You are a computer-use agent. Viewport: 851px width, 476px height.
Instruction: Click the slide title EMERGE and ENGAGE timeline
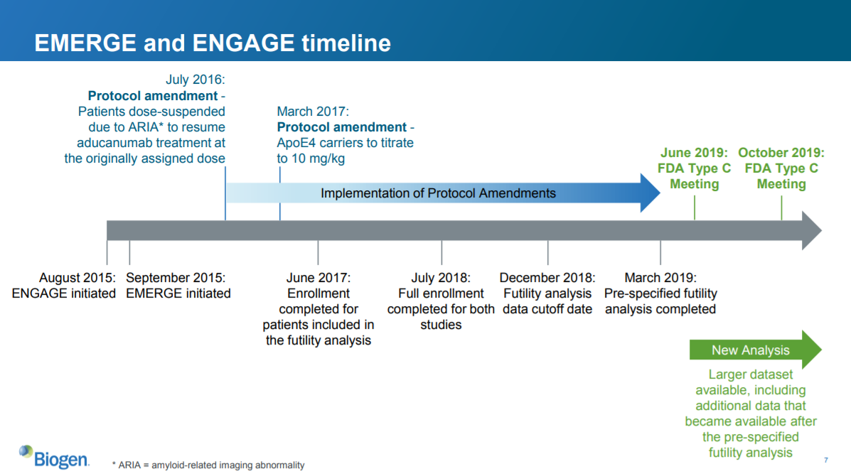[x=212, y=43]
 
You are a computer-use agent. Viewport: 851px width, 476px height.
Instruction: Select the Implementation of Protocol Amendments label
[x=438, y=193]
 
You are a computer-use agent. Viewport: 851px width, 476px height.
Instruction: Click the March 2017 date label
[x=313, y=112]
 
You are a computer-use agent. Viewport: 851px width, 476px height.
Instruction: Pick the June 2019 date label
[x=694, y=153]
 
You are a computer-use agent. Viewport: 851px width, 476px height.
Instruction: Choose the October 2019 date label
[x=781, y=153]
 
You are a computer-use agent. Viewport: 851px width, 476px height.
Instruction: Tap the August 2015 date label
[x=77, y=278]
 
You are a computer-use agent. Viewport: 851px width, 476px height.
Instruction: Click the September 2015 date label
[x=176, y=278]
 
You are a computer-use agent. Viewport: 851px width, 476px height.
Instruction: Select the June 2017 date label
[x=319, y=278]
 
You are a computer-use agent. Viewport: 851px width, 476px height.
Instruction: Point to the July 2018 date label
[x=441, y=278]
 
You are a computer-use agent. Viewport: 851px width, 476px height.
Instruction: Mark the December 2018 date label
[x=547, y=278]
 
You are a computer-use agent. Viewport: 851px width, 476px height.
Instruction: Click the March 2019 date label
[x=660, y=278]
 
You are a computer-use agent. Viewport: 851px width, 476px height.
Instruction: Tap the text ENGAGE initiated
[x=64, y=293]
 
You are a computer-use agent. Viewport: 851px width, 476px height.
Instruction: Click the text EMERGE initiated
[x=178, y=293]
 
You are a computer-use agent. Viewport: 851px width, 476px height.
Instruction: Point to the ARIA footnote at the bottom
[x=208, y=465]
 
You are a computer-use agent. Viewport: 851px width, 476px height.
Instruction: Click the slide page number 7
[x=826, y=460]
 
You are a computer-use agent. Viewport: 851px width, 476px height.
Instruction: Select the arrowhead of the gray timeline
[x=811, y=230]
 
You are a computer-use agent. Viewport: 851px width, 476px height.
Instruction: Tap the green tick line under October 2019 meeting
[x=781, y=207]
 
